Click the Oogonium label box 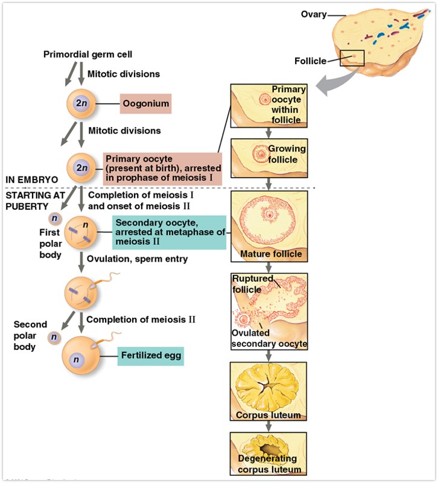(145, 103)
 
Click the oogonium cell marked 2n (81, 103)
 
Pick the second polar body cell (54, 337)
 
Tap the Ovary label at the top (313, 14)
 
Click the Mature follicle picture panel (268, 225)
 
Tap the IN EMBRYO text (31, 180)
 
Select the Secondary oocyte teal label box (169, 232)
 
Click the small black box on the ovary (352, 58)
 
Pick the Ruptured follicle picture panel (268, 311)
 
